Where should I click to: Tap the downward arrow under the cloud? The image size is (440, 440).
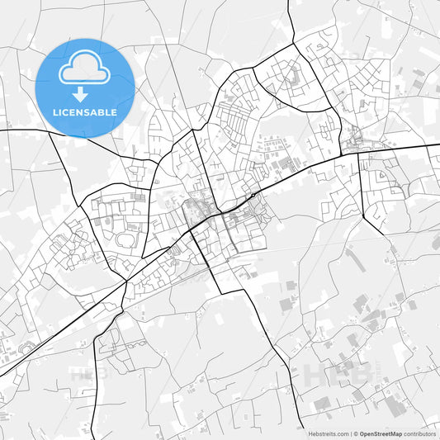(80, 93)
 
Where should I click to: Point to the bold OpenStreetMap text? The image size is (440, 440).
(381, 433)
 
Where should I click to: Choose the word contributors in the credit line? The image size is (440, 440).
(419, 433)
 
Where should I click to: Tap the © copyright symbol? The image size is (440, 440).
(356, 433)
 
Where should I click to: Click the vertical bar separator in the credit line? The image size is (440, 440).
(350, 433)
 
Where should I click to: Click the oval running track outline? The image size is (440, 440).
(128, 240)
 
